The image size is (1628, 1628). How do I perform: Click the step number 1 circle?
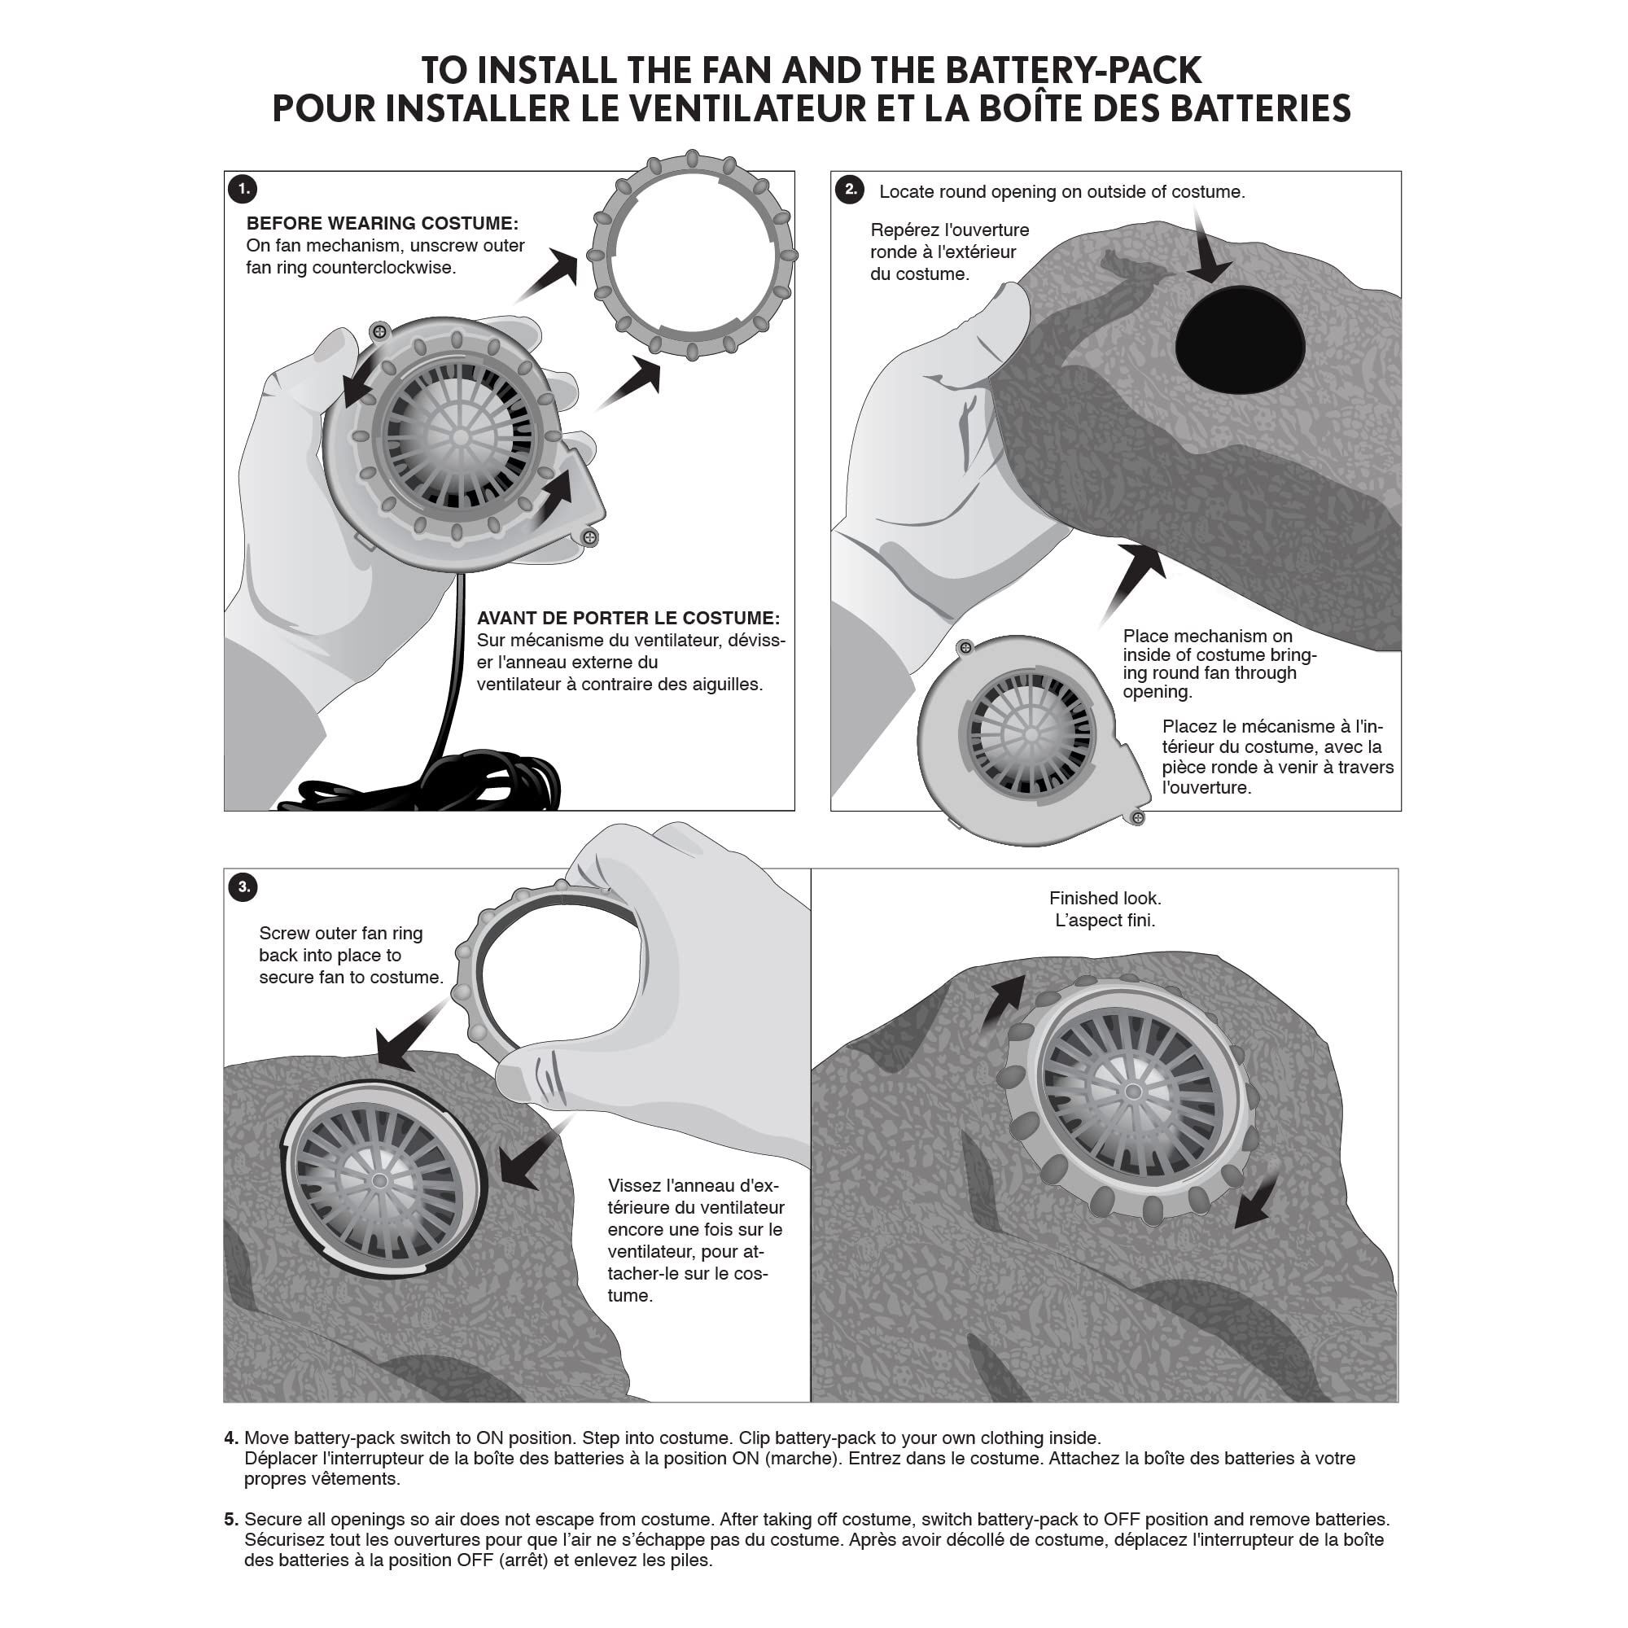click(243, 188)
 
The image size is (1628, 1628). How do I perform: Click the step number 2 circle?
click(851, 189)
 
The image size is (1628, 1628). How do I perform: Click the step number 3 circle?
click(243, 886)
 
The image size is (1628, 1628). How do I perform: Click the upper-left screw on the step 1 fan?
click(379, 332)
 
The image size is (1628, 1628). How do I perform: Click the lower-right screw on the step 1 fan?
click(590, 536)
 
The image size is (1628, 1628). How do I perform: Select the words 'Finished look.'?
click(1105, 899)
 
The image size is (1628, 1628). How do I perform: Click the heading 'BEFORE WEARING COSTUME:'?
click(382, 223)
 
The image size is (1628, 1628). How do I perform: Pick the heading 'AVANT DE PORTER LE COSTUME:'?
click(628, 618)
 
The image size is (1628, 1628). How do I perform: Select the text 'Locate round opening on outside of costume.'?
click(1061, 192)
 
